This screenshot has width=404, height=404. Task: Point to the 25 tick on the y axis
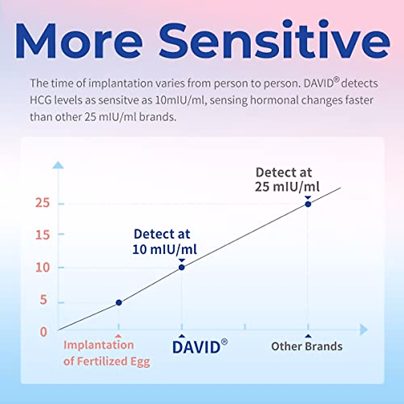42,203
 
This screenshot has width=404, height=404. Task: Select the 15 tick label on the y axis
42,235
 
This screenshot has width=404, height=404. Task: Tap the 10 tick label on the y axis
42,268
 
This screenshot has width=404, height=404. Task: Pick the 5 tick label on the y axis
43,300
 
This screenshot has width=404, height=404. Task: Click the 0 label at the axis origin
43,332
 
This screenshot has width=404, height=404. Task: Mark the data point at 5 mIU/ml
119,303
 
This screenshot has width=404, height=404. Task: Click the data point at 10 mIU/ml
181,267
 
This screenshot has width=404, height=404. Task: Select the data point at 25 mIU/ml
308,204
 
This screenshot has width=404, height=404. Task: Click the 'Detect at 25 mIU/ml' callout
287,180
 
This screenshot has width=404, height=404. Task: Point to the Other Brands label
307,346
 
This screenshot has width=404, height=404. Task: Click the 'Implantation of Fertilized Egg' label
106,353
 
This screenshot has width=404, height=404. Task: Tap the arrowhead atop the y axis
58,165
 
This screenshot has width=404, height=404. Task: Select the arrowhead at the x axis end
364,330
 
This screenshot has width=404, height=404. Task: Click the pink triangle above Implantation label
118,336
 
